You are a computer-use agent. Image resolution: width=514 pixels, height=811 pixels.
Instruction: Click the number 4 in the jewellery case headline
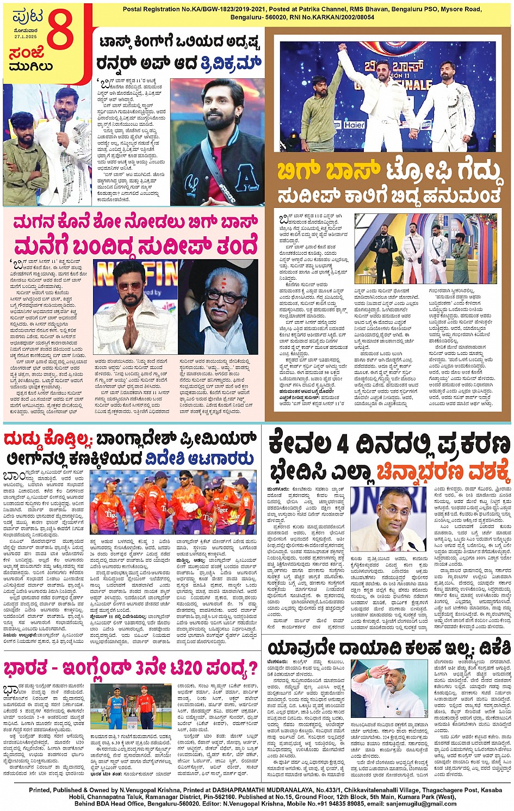coord(343,445)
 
